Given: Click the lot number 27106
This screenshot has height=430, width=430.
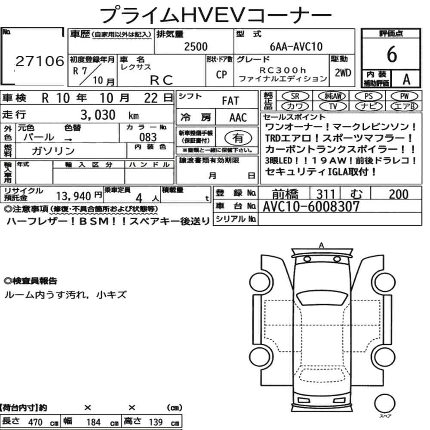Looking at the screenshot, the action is tap(40, 61).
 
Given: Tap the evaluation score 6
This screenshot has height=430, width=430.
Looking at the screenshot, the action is tap(392, 54).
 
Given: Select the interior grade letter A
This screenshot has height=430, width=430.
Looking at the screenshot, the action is tap(406, 79).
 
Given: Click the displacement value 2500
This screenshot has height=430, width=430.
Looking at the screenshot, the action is tap(196, 46).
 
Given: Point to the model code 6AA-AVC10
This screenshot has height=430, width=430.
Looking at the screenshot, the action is tap(296, 46).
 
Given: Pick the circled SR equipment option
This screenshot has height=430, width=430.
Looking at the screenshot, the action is tap(295, 96).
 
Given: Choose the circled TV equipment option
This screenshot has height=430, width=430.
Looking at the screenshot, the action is tap(333, 106).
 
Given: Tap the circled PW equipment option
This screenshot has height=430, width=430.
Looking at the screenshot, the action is tap(404, 96).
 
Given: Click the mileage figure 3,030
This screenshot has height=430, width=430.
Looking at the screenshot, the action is tap(98, 115).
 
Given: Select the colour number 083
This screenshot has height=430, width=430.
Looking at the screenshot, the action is tap(148, 137).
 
